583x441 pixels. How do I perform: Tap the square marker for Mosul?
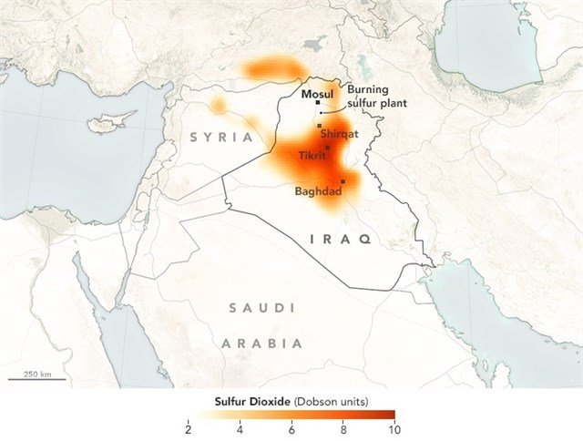click(x=318, y=103)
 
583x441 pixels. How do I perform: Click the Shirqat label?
click(x=339, y=134)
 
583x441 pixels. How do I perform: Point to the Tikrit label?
click(x=312, y=156)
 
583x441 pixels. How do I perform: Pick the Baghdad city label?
click(x=318, y=191)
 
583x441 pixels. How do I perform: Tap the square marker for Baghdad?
click(x=343, y=182)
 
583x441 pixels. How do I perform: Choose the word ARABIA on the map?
click(x=262, y=344)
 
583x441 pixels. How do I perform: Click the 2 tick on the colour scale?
click(x=188, y=428)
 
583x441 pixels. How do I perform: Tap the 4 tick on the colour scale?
click(x=240, y=428)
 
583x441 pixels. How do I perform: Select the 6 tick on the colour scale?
click(x=291, y=428)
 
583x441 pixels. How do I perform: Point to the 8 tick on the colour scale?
click(x=343, y=428)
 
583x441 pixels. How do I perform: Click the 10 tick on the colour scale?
click(x=393, y=428)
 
